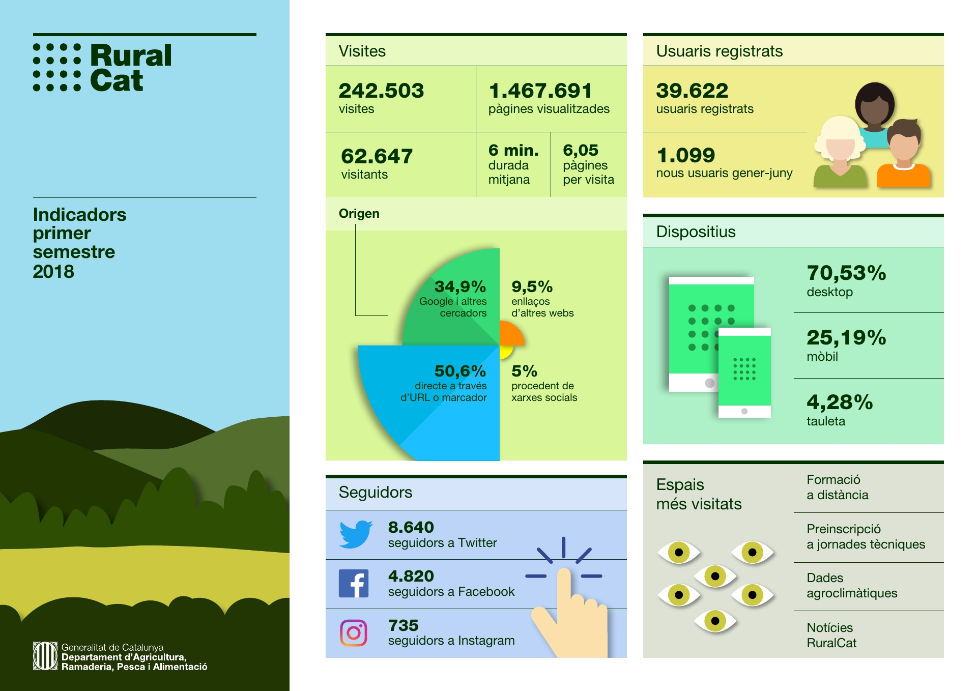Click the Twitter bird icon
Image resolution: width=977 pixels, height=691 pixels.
(x=356, y=534)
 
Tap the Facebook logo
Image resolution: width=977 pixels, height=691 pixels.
(x=354, y=583)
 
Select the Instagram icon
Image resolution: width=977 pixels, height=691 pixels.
(x=354, y=632)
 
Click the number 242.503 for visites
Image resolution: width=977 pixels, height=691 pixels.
(x=381, y=91)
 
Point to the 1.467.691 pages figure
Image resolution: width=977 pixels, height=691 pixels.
(x=540, y=91)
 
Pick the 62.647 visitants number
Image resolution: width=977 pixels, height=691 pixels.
(x=377, y=156)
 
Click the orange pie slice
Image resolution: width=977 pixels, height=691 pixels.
(x=510, y=333)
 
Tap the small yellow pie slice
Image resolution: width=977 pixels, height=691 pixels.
(x=505, y=351)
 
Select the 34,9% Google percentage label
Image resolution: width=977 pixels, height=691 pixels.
(x=460, y=286)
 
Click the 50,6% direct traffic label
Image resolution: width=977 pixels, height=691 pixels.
(x=460, y=371)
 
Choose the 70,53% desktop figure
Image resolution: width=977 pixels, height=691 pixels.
(x=846, y=273)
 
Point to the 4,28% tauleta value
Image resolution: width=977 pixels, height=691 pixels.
(x=840, y=402)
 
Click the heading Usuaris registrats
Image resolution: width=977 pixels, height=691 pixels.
(x=720, y=51)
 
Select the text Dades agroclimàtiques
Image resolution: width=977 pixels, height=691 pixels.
(x=852, y=586)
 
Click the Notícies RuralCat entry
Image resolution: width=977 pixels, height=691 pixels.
(x=831, y=635)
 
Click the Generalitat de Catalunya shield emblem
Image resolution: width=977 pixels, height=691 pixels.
(x=45, y=656)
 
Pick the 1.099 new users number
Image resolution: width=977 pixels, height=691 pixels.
(x=685, y=155)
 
